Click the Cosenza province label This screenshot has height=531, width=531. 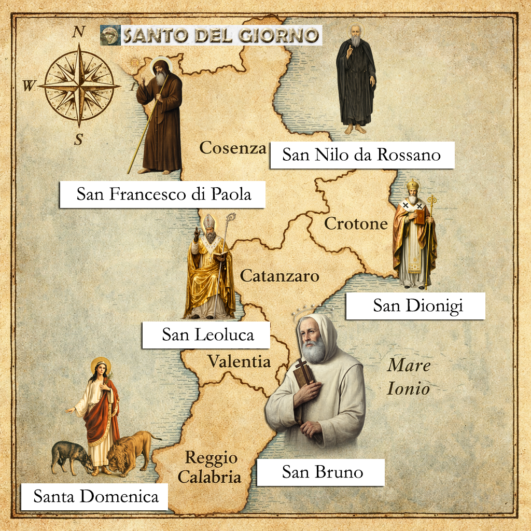pos(233,148)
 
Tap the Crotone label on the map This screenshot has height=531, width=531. pos(356,224)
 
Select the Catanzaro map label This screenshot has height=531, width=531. pos(280,276)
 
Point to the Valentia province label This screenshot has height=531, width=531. pos(239,361)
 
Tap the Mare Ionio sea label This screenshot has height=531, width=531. pos(409,376)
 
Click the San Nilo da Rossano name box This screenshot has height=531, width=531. pos(362,155)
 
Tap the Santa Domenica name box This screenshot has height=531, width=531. pos(96,497)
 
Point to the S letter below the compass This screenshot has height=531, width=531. pos(79,139)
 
